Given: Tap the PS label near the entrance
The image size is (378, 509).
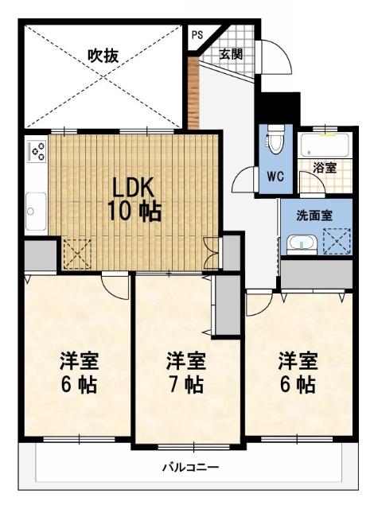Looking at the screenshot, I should click(x=197, y=35).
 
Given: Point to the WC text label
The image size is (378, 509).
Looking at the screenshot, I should click(x=275, y=176).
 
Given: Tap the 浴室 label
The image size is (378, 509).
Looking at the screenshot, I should click(x=325, y=168).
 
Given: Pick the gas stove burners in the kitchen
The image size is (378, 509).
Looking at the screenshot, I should click(x=37, y=150).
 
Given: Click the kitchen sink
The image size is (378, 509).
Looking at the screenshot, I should click(x=35, y=211).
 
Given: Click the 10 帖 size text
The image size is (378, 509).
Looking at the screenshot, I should click(x=134, y=212).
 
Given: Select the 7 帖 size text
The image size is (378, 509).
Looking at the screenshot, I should click(x=185, y=386).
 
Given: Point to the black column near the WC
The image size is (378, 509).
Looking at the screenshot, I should click(x=279, y=108).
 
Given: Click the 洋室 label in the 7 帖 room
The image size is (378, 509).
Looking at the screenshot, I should click(x=185, y=362).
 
